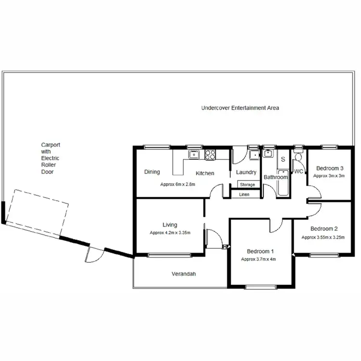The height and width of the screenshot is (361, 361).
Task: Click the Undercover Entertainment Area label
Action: pyautogui.click(x=240, y=108)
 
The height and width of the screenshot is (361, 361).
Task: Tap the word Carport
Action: pyautogui.click(x=51, y=144)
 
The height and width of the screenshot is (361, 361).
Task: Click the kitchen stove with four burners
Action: pyautogui.click(x=210, y=155)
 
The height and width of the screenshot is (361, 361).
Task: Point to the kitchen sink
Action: pyautogui.click(x=193, y=155)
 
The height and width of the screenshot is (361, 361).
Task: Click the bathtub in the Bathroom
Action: pyautogui.click(x=283, y=183)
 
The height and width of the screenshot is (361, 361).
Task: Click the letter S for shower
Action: pyautogui.click(x=283, y=159)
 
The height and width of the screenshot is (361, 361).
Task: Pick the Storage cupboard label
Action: pyautogui.click(x=247, y=185)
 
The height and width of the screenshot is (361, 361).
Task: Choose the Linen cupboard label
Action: pyautogui.click(x=244, y=194)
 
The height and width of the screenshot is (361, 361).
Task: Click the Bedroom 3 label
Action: pyautogui.click(x=330, y=168)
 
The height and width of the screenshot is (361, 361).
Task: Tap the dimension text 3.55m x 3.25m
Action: pyautogui.click(x=323, y=237)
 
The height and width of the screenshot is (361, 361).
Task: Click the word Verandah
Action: pyautogui.click(x=184, y=274)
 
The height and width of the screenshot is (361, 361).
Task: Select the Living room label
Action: pyautogui.click(x=169, y=225)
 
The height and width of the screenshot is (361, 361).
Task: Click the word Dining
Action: pyautogui.click(x=152, y=172)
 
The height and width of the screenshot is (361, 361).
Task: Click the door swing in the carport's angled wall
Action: pyautogui.click(x=94, y=254)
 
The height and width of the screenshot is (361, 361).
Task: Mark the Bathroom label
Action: pyautogui.click(x=275, y=177)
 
